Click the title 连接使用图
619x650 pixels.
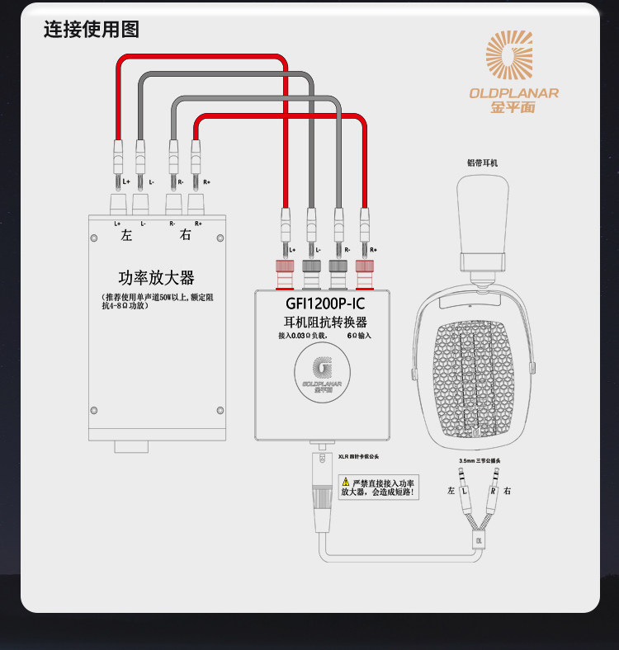[92, 29]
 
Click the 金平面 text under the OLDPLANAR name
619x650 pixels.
[513, 107]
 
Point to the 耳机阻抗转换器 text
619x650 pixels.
[324, 322]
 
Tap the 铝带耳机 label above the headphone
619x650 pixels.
[483, 163]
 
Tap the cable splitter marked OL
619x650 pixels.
[478, 539]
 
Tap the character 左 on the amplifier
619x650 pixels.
[126, 235]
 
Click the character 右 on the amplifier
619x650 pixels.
[185, 235]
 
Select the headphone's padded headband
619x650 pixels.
[482, 219]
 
